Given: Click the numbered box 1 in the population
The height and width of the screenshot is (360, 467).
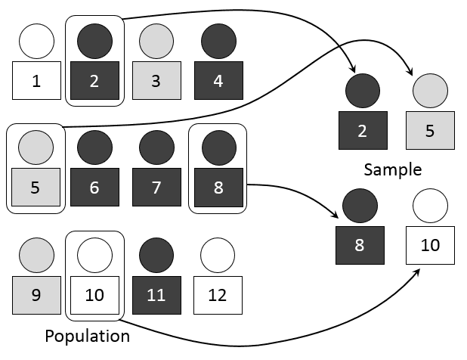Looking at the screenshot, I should pyautogui.click(x=36, y=81).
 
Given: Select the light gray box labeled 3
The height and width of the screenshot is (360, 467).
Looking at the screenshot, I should pyautogui.click(x=156, y=81).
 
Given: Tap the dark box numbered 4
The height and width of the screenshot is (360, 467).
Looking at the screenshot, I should pyautogui.click(x=218, y=81).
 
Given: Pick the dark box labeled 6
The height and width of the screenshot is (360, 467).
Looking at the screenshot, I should pyautogui.click(x=94, y=187).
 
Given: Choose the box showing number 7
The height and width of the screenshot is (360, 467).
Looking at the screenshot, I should pyautogui.click(x=156, y=187).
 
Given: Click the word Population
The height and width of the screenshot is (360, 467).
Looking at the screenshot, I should pyautogui.click(x=87, y=336).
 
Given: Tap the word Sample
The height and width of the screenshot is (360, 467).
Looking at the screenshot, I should pyautogui.click(x=392, y=169).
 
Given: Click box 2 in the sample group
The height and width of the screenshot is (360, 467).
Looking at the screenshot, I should pyautogui.click(x=362, y=131).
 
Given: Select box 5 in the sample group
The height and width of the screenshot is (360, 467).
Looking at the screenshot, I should pyautogui.click(x=430, y=131).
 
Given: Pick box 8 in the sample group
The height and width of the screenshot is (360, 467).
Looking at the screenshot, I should pyautogui.click(x=360, y=246).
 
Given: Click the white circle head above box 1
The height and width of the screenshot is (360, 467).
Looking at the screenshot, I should pyautogui.click(x=36, y=41).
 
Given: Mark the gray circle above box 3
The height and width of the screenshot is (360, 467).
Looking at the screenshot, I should pyautogui.click(x=156, y=41).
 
